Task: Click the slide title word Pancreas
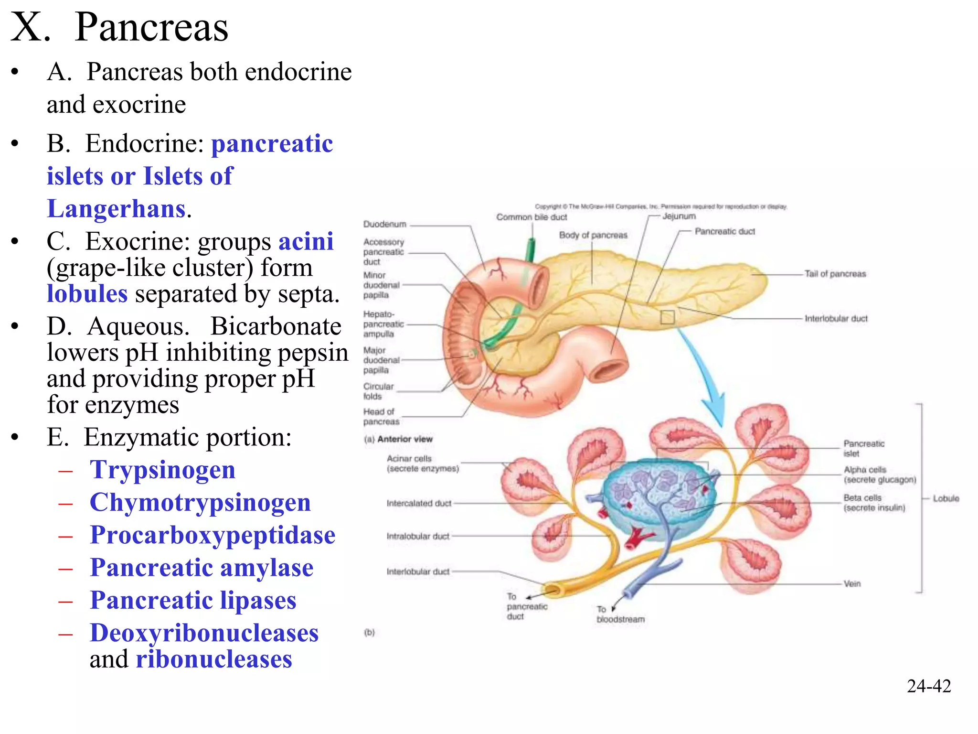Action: click(151, 27)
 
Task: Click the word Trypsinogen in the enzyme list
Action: click(162, 469)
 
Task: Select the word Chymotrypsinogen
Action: click(200, 502)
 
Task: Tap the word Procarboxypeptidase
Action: click(213, 535)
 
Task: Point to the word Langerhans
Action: click(117, 209)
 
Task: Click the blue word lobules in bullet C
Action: click(87, 294)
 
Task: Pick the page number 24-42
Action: click(929, 686)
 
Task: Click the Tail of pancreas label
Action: click(835, 274)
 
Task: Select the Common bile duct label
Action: click(532, 217)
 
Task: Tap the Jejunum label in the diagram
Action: click(679, 216)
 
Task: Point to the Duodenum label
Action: click(384, 224)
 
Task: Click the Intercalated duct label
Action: click(419, 503)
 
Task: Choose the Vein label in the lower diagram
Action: click(852, 583)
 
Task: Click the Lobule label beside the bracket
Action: click(946, 498)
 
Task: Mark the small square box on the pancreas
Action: click(667, 317)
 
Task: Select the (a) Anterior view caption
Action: click(398, 439)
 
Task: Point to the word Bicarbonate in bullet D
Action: click(276, 327)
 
